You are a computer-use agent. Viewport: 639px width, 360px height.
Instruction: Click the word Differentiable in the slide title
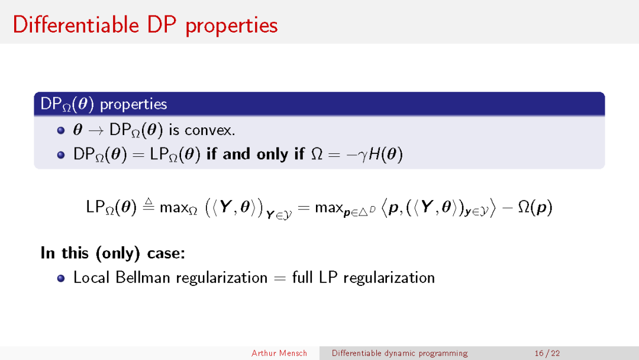pyautogui.click(x=76, y=25)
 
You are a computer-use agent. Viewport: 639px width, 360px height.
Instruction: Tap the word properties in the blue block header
pyautogui.click(x=133, y=105)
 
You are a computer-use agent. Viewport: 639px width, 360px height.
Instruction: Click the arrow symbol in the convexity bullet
pyautogui.click(x=96, y=131)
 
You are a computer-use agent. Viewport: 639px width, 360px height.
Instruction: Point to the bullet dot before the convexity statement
pyautogui.click(x=61, y=130)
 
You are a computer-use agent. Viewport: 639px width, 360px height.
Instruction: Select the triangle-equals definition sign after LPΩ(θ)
pyautogui.click(x=149, y=205)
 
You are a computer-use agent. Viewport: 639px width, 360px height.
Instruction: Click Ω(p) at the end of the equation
pyautogui.click(x=535, y=207)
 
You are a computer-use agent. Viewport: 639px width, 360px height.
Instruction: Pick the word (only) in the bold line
pyautogui.click(x=118, y=253)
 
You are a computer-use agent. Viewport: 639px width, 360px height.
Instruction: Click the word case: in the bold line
pyautogui.click(x=166, y=253)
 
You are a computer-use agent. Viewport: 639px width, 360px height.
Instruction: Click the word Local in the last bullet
pyautogui.click(x=92, y=278)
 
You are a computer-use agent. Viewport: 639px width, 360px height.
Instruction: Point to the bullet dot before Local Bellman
pyautogui.click(x=61, y=278)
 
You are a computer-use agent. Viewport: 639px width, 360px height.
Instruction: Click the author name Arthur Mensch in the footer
pyautogui.click(x=279, y=353)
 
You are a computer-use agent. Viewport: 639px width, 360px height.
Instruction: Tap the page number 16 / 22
pyautogui.click(x=547, y=353)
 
